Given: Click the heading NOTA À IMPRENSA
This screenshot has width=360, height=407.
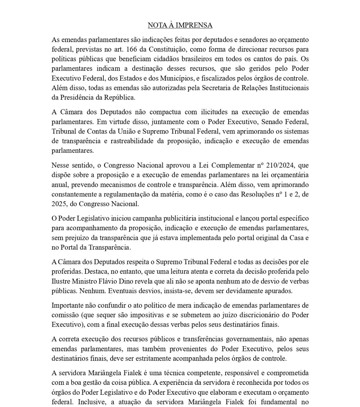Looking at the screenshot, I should [180, 25].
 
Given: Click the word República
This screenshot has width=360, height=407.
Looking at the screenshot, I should [119, 97].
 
